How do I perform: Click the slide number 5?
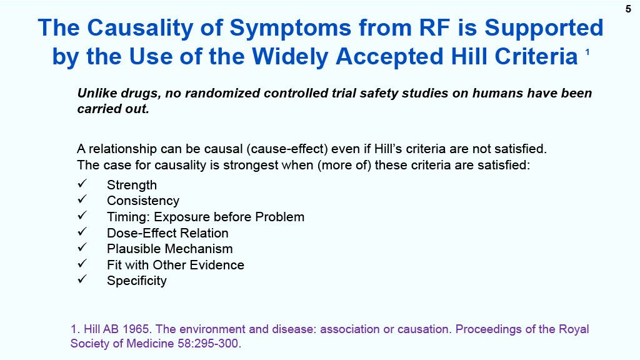[628, 9]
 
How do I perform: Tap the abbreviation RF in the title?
[435, 27]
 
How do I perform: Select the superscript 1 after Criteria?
[587, 52]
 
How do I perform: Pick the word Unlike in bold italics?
[97, 93]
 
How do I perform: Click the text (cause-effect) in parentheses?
[287, 149]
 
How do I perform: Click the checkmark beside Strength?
[82, 183]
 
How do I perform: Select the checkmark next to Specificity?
[82, 279]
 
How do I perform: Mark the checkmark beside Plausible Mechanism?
[82, 247]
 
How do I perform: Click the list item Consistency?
[143, 201]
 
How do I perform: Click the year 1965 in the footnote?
[137, 329]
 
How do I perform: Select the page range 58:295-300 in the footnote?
[207, 343]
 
